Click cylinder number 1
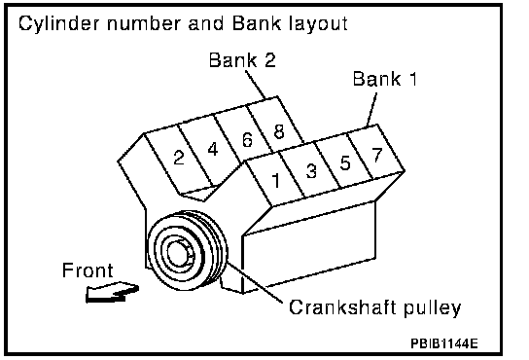tap(276, 180)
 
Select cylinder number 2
tap(179, 158)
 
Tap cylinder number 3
tap(311, 171)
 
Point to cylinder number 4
tap(213, 149)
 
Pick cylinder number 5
tap(345, 162)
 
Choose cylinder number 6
tap(247, 140)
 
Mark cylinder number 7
tap(377, 155)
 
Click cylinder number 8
tap(279, 131)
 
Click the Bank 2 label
tap(242, 60)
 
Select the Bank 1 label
tap(385, 79)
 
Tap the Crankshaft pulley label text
tap(374, 307)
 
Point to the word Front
tap(88, 270)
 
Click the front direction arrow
tap(111, 293)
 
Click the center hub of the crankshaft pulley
tap(178, 254)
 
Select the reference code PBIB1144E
tap(444, 343)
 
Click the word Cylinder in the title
tap(59, 24)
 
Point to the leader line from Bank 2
tap(256, 85)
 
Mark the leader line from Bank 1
tap(372, 109)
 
